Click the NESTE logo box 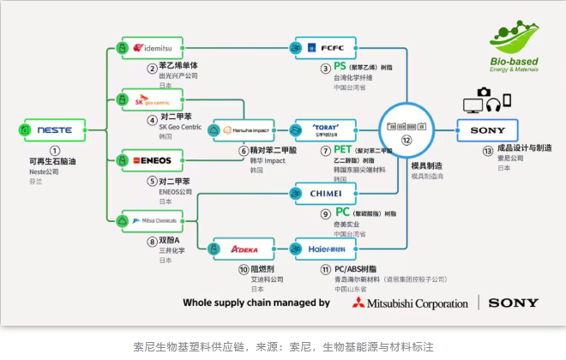pos(54,130)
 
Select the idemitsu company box pos(152,47)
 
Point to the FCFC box pos(325,47)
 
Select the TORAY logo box pos(325,130)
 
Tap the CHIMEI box pos(325,194)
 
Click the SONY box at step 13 pos(487,130)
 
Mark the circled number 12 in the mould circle pos(407,140)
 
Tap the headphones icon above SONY pos(492,105)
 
